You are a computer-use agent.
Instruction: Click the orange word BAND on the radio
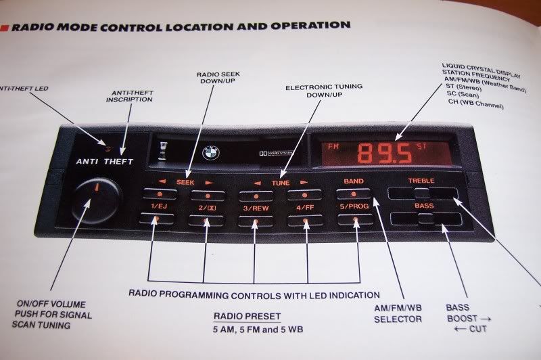354,181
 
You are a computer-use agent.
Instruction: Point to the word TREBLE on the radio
421,181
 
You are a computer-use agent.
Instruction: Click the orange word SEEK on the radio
184,183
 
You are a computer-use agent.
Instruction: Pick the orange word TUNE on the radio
281,183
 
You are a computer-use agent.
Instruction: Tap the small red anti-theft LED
103,145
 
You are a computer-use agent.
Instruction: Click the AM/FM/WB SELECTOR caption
398,313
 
